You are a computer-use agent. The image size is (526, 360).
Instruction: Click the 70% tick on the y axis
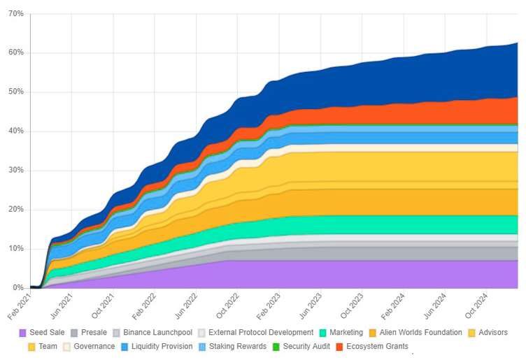pyautogui.click(x=16, y=14)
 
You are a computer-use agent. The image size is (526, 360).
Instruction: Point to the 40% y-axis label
pyautogui.click(x=16, y=131)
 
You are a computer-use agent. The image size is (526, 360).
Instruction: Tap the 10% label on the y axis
pyautogui.click(x=16, y=249)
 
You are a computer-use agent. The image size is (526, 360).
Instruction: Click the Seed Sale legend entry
pyautogui.click(x=42, y=333)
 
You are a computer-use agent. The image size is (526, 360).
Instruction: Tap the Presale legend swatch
pyautogui.click(x=74, y=333)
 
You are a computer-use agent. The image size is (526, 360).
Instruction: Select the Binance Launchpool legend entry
pyautogui.click(x=152, y=333)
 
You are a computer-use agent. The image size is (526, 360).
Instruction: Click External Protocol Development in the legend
pyautogui.click(x=255, y=333)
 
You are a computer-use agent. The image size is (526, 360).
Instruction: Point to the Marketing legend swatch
pyautogui.click(x=323, y=333)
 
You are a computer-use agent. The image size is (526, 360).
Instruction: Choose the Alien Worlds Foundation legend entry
pyautogui.click(x=415, y=333)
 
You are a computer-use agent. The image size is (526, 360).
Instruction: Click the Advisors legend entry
pyautogui.click(x=488, y=333)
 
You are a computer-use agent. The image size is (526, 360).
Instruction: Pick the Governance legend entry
pyautogui.click(x=89, y=347)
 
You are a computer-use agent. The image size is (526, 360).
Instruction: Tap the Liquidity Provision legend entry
pyautogui.click(x=157, y=347)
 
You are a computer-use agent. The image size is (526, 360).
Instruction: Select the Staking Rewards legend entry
pyautogui.click(x=232, y=347)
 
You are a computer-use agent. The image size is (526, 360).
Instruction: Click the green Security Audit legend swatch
pyautogui.click(x=276, y=347)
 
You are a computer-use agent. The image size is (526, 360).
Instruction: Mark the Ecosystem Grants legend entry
pyautogui.click(x=372, y=347)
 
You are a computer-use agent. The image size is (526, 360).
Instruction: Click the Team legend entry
pyautogui.click(x=43, y=347)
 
